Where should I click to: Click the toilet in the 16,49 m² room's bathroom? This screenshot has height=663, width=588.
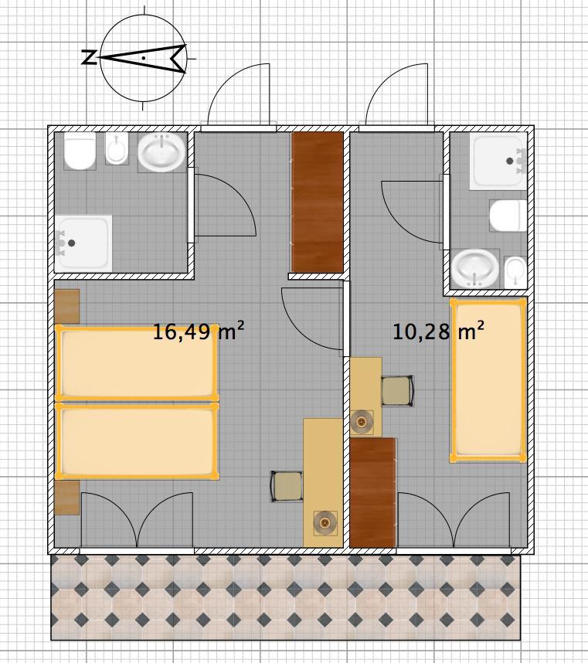coord(80,151)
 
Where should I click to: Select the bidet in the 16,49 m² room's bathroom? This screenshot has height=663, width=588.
coord(117,148)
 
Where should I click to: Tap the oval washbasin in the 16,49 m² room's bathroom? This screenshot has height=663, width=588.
coord(161,152)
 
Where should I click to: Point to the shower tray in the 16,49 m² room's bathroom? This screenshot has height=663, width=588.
coord(83,243)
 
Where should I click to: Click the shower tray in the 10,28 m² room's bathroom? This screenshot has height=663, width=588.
coord(498,161)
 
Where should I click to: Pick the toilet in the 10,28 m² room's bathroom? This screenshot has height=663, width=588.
coord(508,216)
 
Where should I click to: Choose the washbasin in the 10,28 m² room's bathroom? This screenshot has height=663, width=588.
coord(475,268)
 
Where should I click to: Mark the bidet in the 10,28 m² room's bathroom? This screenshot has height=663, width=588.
coord(515,272)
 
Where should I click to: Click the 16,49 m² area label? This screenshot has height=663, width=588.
coord(199,331)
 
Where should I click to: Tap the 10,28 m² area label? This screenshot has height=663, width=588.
coord(438,331)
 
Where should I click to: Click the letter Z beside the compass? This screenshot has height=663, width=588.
coord(88,57)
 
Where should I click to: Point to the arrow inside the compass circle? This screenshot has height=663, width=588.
coord(143,58)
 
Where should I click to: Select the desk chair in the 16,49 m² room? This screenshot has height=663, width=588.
coord(287,487)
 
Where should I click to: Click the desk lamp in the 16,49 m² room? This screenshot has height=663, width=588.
coord(325,523)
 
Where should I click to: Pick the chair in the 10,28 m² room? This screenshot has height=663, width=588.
coord(397,391)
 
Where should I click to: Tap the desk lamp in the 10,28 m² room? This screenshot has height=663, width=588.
coord(362,422)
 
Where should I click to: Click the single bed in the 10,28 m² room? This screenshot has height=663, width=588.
coord(488,380)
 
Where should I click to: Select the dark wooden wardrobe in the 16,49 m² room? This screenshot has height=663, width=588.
coord(317,202)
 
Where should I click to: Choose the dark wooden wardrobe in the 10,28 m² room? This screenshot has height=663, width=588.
coord(373,492)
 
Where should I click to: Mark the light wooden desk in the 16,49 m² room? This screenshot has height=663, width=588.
coord(322,482)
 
